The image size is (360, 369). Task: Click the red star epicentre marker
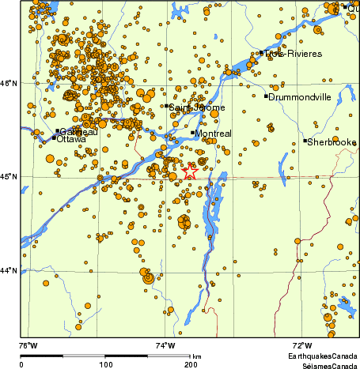coord(190,171)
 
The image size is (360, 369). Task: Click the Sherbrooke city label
coord(332,142)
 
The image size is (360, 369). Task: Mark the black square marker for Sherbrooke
coord(305,141)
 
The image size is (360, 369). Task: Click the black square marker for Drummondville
coord(266,96)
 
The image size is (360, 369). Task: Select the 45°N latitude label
coord(9,176)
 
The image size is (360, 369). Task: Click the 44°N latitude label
coord(9,270)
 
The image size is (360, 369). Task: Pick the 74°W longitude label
coord(165,345)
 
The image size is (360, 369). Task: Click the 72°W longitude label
coord(301,345)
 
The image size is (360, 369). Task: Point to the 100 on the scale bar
coord(104,365)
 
